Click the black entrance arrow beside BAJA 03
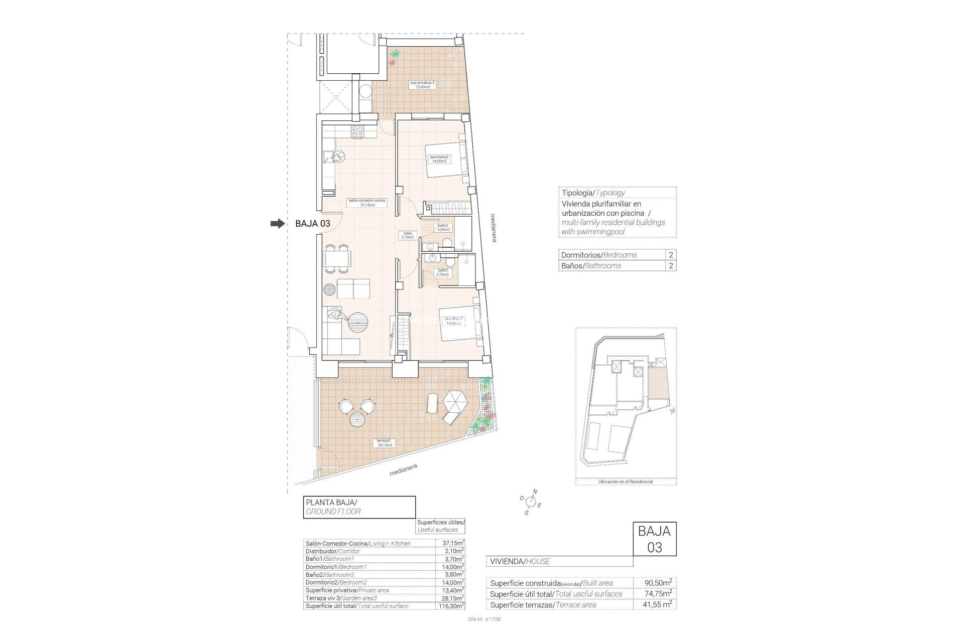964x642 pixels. (277, 224)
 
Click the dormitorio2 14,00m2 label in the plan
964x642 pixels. (439, 159)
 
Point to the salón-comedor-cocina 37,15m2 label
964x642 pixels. (367, 202)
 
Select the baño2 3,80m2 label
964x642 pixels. (443, 227)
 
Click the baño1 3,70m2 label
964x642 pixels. (442, 272)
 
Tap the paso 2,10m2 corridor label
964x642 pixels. (408, 235)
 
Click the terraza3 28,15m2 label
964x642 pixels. (385, 442)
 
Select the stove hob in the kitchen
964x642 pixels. (357, 131)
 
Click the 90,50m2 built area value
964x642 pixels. (658, 583)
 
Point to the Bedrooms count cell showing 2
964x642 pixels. (671, 255)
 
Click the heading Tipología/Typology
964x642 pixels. (593, 193)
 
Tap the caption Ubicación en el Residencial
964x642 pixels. (625, 481)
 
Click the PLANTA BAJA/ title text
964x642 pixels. (331, 502)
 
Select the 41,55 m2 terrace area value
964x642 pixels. (658, 605)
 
